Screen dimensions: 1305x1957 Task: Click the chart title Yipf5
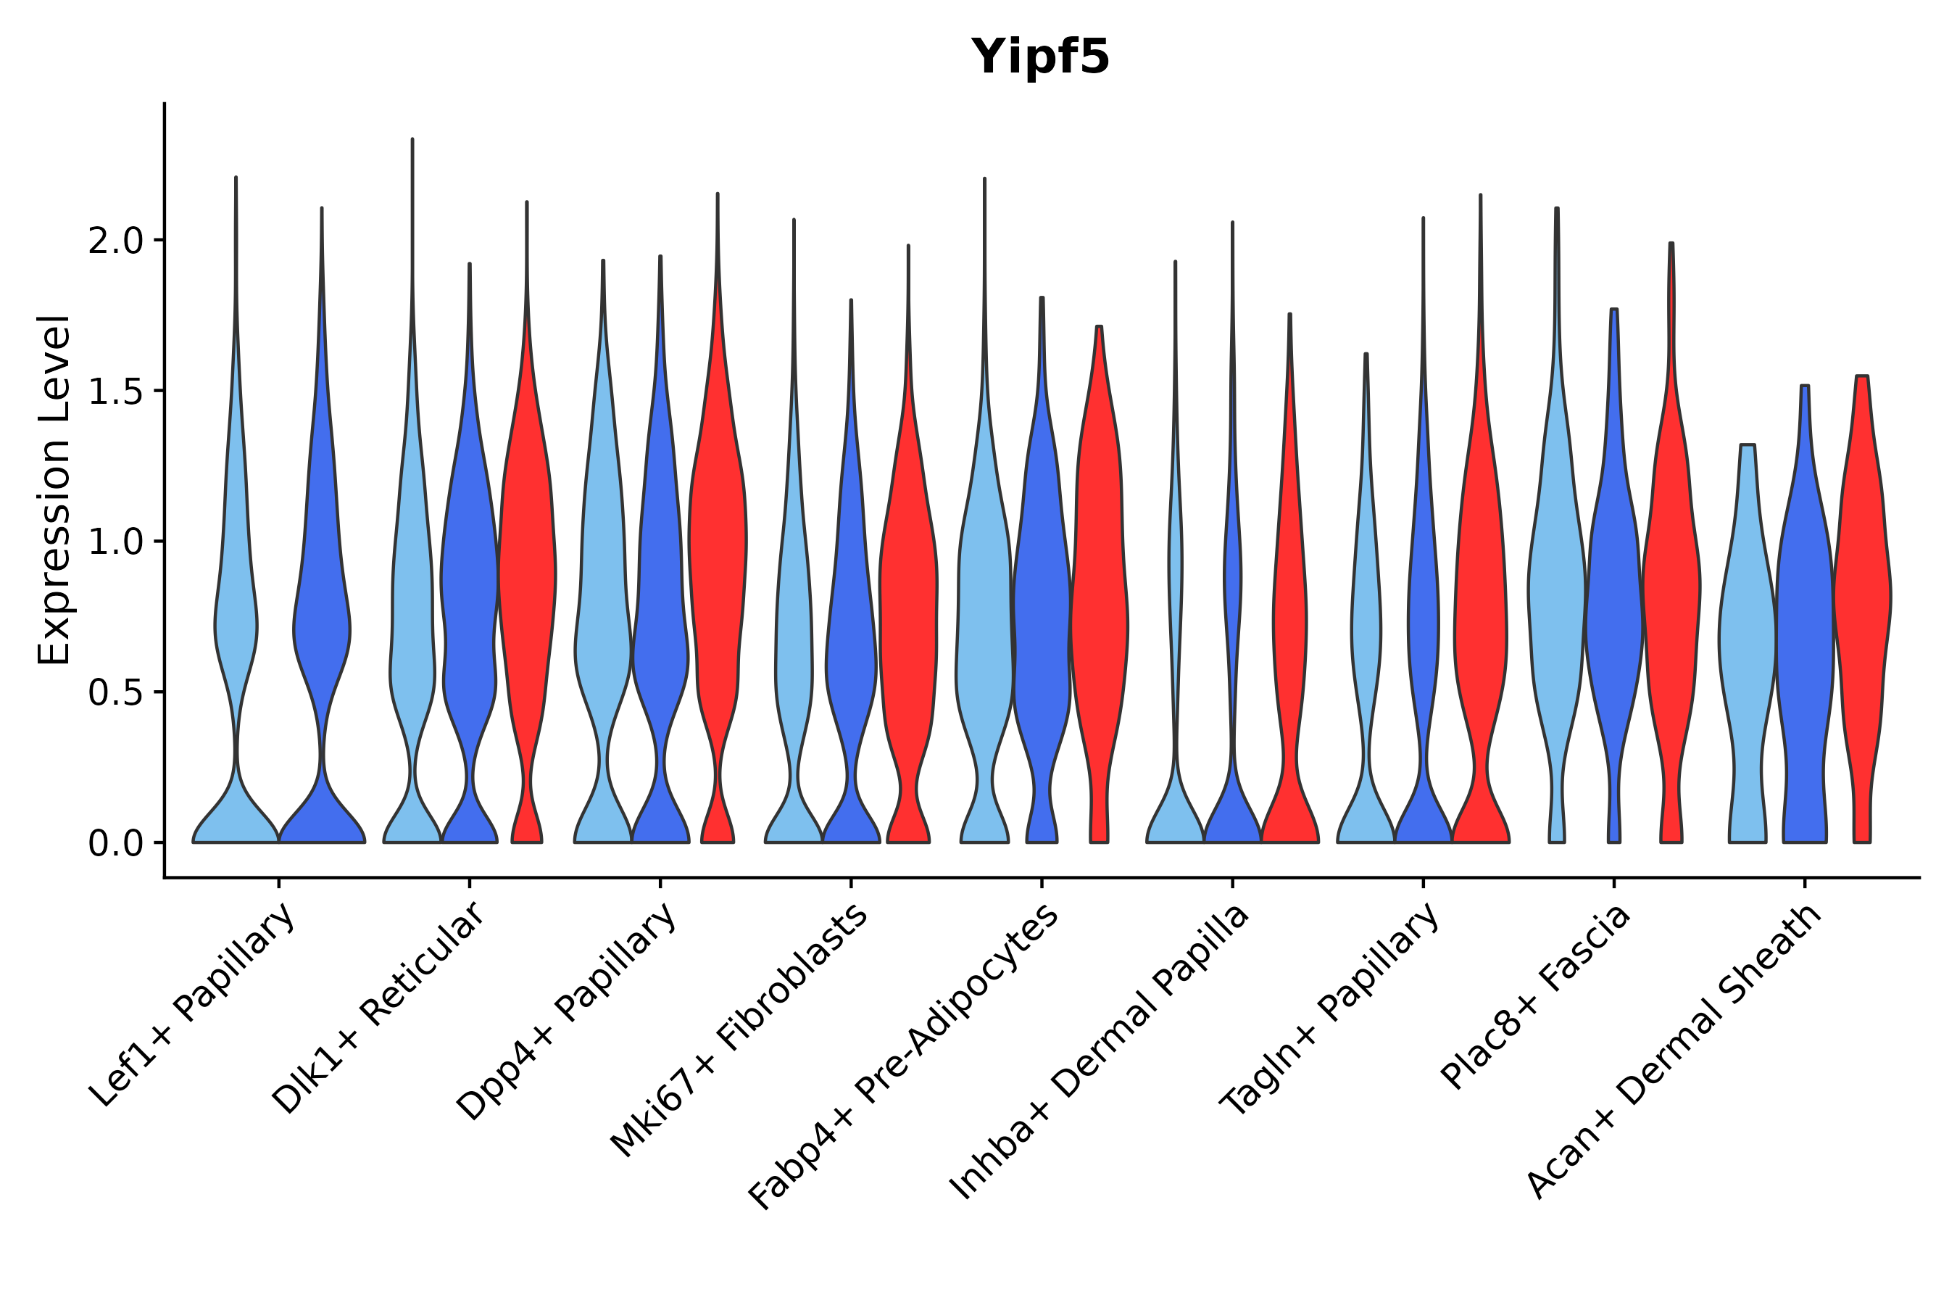click(1040, 57)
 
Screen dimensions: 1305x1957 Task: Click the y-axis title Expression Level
click(55, 490)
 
